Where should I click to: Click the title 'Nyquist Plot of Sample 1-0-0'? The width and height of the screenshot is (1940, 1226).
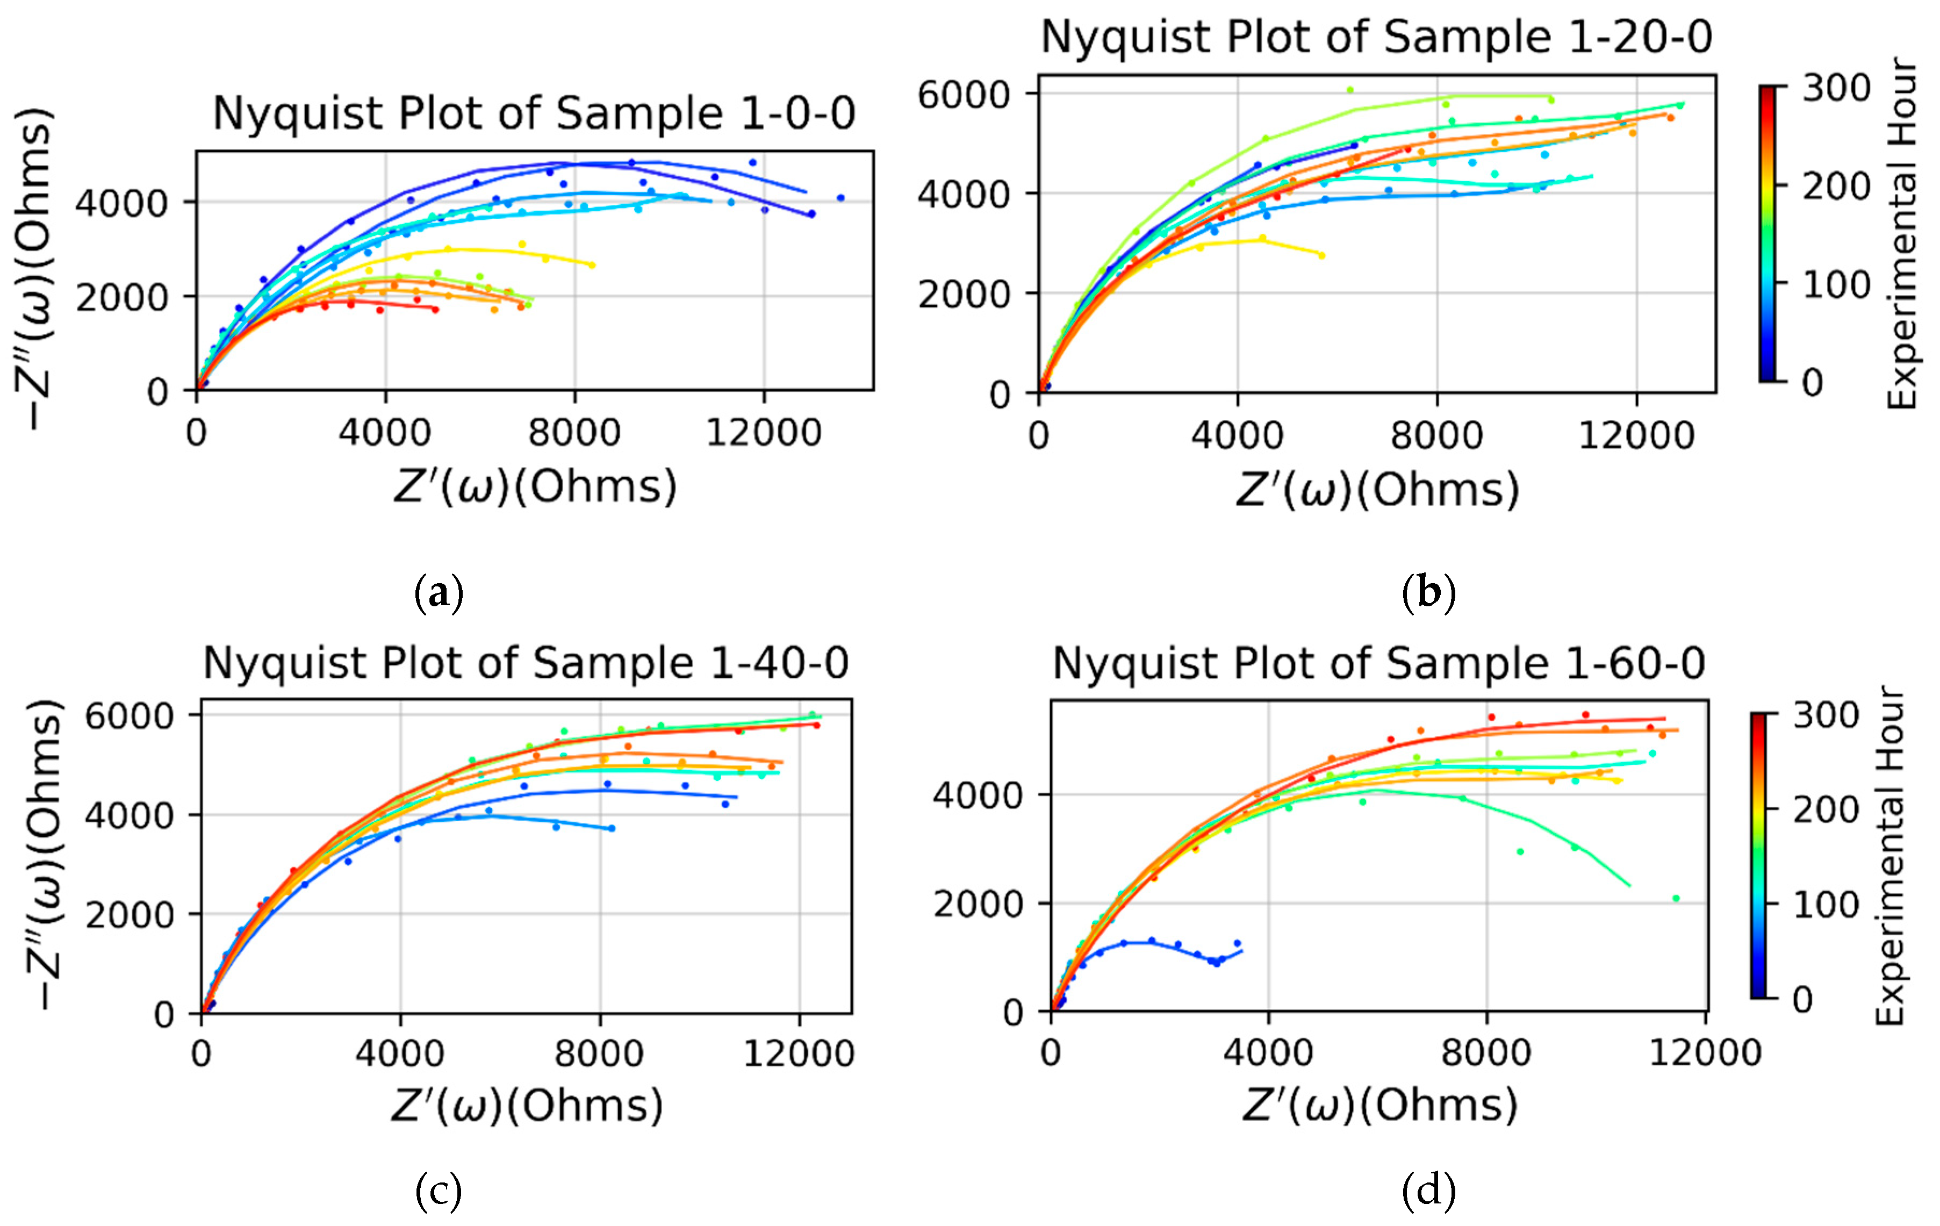click(x=533, y=113)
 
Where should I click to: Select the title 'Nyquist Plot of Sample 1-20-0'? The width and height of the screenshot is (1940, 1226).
click(x=1376, y=37)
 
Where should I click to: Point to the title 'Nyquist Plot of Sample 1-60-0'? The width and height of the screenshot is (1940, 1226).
click(x=1378, y=664)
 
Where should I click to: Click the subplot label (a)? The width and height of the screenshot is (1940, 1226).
click(x=439, y=594)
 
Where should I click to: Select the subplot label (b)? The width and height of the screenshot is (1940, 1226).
click(x=1428, y=594)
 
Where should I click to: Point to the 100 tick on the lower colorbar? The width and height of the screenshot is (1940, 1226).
click(x=1826, y=905)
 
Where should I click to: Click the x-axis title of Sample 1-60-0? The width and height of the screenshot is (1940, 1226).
click(x=1378, y=1105)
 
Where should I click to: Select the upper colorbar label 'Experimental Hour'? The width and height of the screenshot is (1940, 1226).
click(x=1903, y=234)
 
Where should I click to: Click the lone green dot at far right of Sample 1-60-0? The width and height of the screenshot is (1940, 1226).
click(x=1676, y=898)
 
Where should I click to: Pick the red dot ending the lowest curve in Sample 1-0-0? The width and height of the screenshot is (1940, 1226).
click(x=435, y=309)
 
